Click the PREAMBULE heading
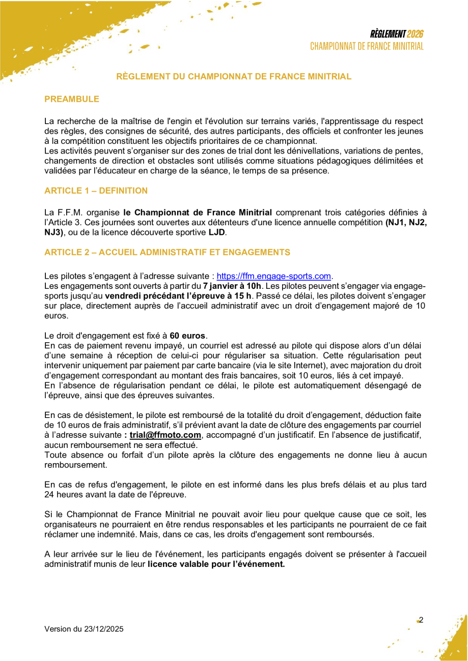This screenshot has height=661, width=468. click(x=72, y=99)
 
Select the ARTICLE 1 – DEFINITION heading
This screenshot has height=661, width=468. click(x=96, y=191)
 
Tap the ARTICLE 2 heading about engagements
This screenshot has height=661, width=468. click(x=167, y=252)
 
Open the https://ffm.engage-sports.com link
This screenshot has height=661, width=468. click(x=274, y=276)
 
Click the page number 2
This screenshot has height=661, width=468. click(x=421, y=620)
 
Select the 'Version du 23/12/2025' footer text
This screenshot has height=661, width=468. click(x=84, y=629)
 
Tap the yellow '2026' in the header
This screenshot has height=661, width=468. click(x=416, y=34)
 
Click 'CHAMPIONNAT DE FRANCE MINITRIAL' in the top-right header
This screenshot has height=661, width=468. click(x=367, y=46)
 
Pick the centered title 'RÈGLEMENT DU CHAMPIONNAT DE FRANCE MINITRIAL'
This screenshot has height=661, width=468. click(x=234, y=77)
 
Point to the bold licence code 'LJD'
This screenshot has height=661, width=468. click(x=216, y=232)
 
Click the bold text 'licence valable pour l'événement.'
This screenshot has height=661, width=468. click(x=216, y=564)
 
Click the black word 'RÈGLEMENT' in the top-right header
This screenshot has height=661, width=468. click(x=388, y=34)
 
